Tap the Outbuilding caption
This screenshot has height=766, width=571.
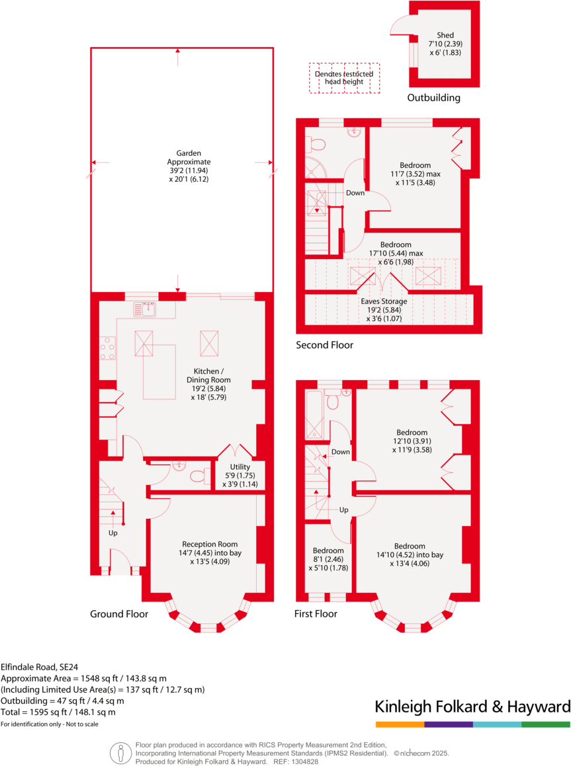(x=433, y=98)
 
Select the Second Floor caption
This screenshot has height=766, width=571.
(x=324, y=345)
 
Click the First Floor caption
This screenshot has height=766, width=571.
(x=316, y=614)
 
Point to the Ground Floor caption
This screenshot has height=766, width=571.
(x=119, y=614)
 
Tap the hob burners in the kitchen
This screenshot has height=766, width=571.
(x=108, y=349)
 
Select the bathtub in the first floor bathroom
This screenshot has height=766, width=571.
(x=314, y=414)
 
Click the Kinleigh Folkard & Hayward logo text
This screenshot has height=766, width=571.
(x=472, y=707)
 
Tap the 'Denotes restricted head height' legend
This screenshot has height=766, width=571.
(x=343, y=78)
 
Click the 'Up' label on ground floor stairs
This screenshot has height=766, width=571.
(x=114, y=532)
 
